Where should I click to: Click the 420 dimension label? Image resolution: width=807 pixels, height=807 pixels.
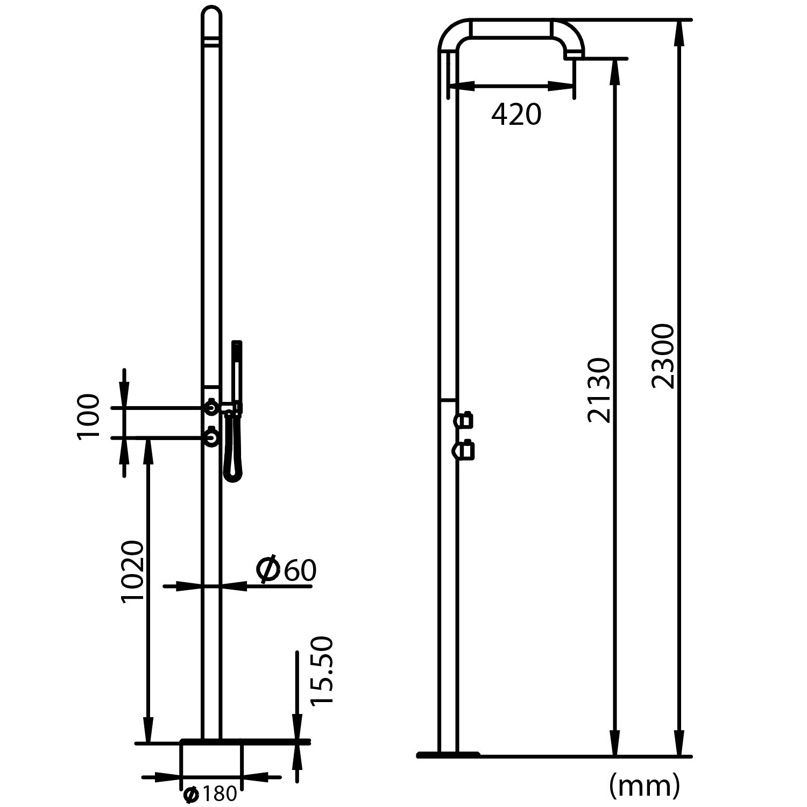click(x=516, y=115)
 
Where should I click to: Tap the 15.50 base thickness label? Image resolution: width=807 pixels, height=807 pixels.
click(x=322, y=670)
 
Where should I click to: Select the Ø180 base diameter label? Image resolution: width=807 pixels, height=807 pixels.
click(x=210, y=794)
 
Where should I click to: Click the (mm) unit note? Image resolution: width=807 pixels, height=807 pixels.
click(x=644, y=786)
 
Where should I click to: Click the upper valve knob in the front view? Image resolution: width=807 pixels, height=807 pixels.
click(x=212, y=408)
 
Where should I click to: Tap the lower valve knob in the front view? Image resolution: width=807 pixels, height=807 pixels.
click(x=212, y=437)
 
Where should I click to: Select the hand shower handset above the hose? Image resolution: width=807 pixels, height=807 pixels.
click(x=237, y=371)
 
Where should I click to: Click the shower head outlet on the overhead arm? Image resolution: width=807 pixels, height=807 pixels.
click(x=574, y=54)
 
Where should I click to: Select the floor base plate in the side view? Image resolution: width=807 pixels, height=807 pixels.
click(x=448, y=755)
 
